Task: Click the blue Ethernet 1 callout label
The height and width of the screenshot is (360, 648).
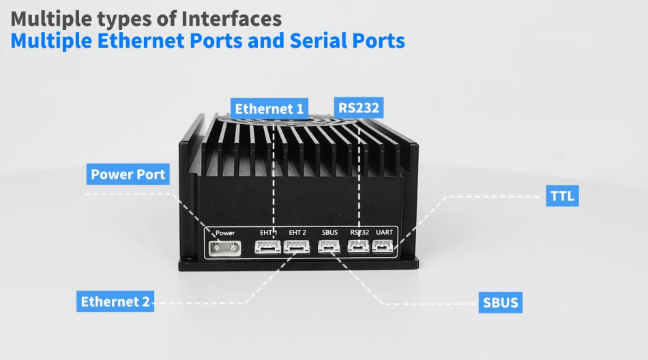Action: tap(270, 108)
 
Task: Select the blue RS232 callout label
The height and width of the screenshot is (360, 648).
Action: tap(358, 107)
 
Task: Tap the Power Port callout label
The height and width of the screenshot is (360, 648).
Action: tap(128, 174)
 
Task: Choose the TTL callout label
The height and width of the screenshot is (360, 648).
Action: tap(563, 198)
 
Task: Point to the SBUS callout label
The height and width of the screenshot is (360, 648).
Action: tap(500, 303)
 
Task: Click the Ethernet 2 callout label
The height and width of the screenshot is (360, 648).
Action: tap(115, 301)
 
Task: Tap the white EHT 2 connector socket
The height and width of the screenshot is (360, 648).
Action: tap(297, 247)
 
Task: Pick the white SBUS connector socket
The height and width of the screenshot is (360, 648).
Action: tap(329, 247)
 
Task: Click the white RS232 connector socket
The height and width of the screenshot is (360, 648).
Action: tap(359, 247)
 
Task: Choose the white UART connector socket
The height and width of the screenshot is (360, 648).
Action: tap(384, 247)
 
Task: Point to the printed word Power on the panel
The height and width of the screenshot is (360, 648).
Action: tap(225, 233)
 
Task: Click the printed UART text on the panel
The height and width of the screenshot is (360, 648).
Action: tap(385, 232)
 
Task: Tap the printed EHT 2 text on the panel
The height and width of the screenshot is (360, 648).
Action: tap(297, 233)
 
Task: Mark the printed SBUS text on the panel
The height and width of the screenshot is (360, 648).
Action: tap(329, 233)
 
